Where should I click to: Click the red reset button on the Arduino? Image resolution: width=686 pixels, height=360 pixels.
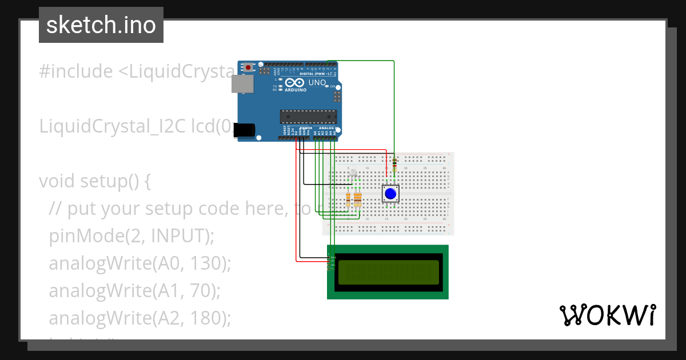pyautogui.click(x=248, y=67)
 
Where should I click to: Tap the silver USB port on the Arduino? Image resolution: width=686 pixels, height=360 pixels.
pyautogui.click(x=241, y=84)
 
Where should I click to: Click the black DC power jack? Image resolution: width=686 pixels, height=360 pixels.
pyautogui.click(x=246, y=130)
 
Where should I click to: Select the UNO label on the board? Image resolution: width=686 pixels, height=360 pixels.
pyautogui.click(x=317, y=83)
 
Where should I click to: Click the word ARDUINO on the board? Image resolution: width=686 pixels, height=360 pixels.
pyautogui.click(x=295, y=89)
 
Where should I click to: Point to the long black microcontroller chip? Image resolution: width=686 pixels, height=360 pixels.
pyautogui.click(x=306, y=116)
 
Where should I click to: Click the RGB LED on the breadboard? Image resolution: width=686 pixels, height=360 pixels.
pyautogui.click(x=353, y=172)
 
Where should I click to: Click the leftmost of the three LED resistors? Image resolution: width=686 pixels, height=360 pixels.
pyautogui.click(x=349, y=199)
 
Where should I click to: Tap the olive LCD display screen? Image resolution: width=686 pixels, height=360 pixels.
pyautogui.click(x=388, y=272)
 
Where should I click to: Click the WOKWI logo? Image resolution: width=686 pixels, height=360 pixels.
pyautogui.click(x=607, y=315)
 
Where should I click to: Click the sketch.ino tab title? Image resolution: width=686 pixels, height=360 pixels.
pyautogui.click(x=101, y=25)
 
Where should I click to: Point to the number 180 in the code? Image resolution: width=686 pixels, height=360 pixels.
pyautogui.click(x=206, y=318)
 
